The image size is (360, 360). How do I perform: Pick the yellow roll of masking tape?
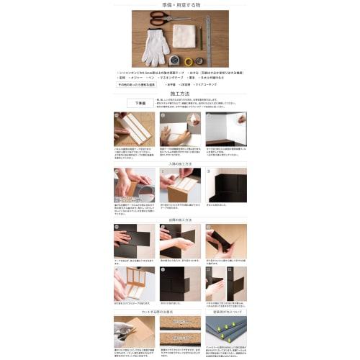(189, 61)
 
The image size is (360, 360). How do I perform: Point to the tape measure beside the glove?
(175, 60)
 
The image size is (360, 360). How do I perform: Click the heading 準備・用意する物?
(179, 4)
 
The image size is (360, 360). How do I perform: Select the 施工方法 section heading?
(179, 94)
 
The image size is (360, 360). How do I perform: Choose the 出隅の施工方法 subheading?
(179, 219)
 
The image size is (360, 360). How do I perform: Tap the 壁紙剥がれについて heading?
(225, 312)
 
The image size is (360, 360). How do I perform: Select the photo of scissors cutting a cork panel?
(134, 331)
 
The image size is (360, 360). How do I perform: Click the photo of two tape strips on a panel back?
(134, 129)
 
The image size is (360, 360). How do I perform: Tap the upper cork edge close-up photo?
(179, 322)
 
